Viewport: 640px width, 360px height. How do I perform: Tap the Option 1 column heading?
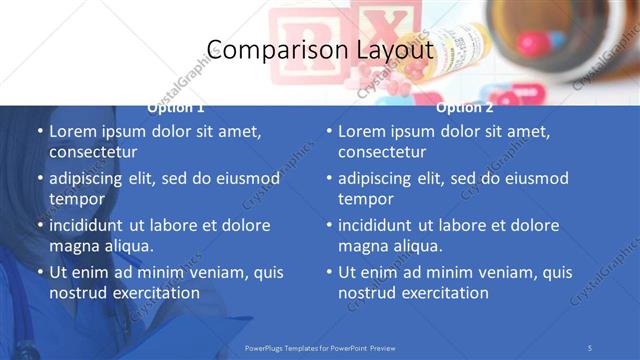176,107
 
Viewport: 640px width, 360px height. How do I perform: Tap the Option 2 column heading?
465,107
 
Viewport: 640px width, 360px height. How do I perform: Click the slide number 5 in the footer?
591,347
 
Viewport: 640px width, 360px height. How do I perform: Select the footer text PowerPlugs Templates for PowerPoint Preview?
320,347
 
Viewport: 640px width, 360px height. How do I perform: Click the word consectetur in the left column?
93,153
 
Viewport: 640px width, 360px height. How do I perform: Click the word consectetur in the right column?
382,153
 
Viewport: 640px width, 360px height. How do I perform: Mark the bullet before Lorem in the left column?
39,132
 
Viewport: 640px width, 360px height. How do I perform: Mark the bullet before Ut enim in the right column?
328,272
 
